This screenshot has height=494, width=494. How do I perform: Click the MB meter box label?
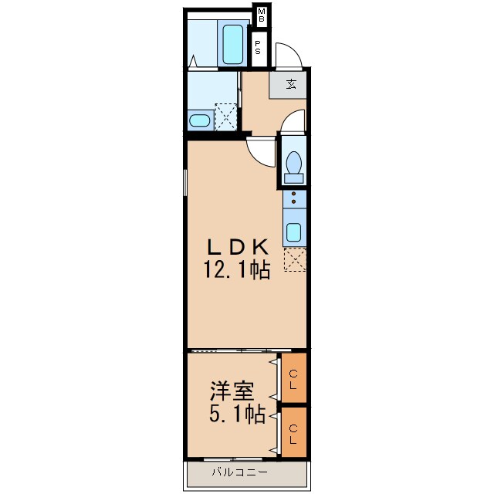(262, 15)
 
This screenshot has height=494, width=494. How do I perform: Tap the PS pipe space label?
(258, 47)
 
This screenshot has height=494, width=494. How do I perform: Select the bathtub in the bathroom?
(233, 44)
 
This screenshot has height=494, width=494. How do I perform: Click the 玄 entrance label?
(292, 84)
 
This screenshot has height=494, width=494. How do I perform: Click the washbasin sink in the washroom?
(200, 120)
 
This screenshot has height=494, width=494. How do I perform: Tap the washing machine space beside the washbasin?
(225, 117)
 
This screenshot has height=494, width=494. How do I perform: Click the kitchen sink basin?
(293, 232)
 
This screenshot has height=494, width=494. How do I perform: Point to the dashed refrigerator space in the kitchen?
(295, 259)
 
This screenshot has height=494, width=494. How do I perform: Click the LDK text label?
(238, 247)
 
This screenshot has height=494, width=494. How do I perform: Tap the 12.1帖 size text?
(237, 270)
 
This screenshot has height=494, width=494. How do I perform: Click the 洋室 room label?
(232, 391)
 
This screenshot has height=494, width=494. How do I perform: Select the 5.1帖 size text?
(237, 414)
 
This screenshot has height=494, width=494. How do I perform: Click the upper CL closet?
(293, 377)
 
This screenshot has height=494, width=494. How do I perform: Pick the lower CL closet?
(293, 432)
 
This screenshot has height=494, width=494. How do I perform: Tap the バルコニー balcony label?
(240, 472)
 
